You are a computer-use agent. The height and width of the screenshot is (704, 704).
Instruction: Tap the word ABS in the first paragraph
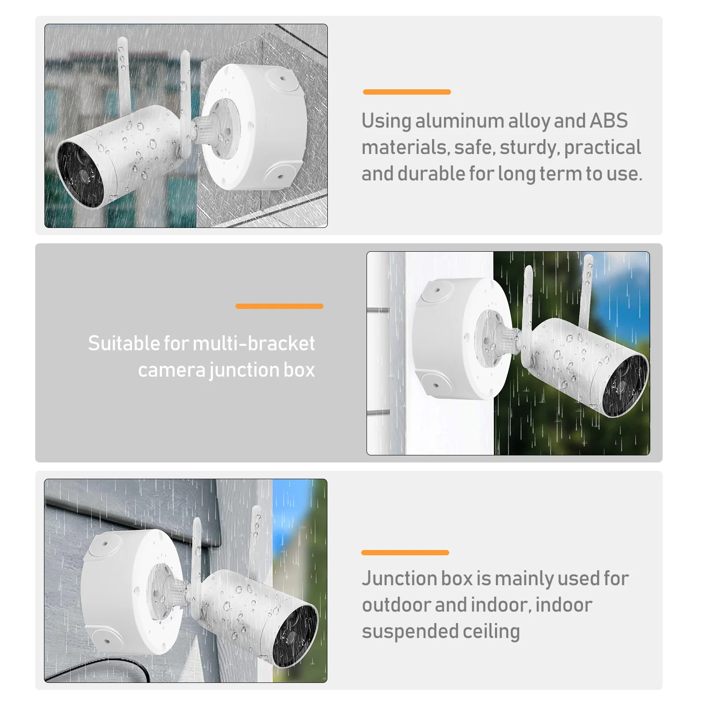click(609, 121)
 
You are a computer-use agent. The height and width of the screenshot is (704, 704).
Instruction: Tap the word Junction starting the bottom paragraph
click(399, 579)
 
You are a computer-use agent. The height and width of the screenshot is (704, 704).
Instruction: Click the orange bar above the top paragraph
click(407, 92)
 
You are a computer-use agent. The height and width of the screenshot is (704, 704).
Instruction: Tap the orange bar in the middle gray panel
click(279, 306)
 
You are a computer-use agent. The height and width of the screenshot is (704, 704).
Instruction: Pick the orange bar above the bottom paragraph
click(405, 553)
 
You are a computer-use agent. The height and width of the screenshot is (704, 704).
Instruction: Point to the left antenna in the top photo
click(124, 75)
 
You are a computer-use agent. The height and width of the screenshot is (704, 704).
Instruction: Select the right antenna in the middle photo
click(587, 290)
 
